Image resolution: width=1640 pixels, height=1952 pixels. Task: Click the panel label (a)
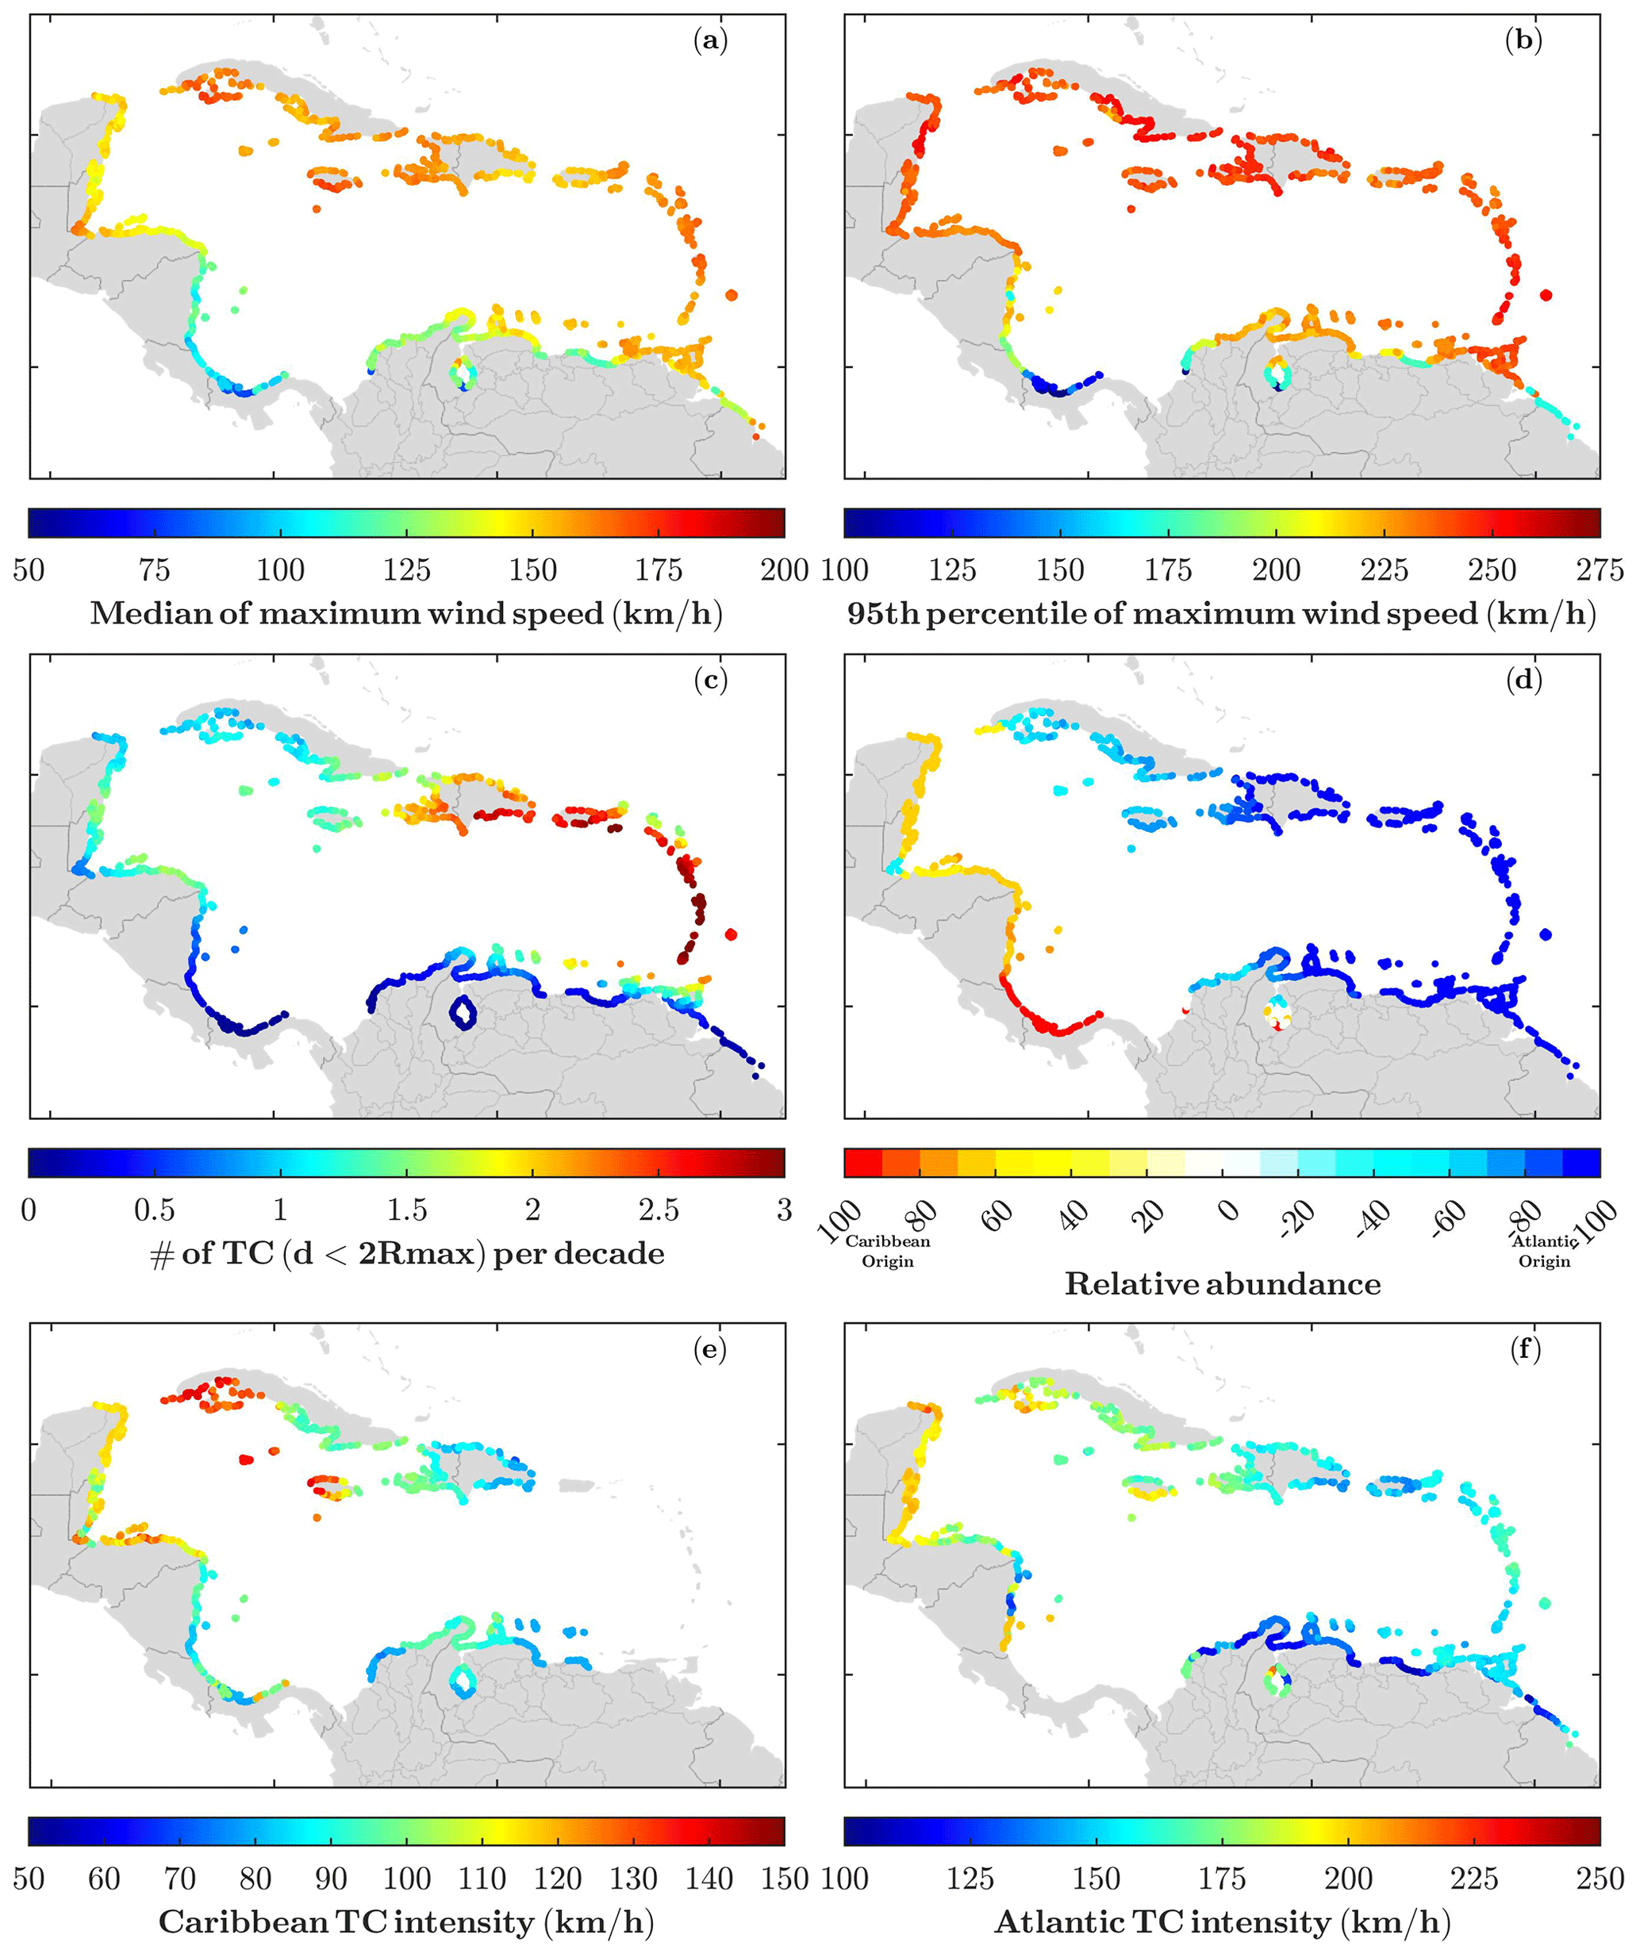[710, 42]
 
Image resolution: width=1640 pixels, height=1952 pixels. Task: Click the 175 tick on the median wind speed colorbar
[659, 569]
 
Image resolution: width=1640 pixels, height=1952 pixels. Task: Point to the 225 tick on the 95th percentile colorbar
[1385, 569]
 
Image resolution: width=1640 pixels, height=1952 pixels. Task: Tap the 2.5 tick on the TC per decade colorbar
[659, 1210]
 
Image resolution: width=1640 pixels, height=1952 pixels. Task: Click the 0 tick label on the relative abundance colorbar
[1229, 1210]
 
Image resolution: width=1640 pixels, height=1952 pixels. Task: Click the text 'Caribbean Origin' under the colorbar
[887, 1251]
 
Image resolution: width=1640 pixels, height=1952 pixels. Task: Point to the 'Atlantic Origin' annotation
[1544, 1251]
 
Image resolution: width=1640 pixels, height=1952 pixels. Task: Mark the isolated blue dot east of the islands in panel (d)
[1546, 934]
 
